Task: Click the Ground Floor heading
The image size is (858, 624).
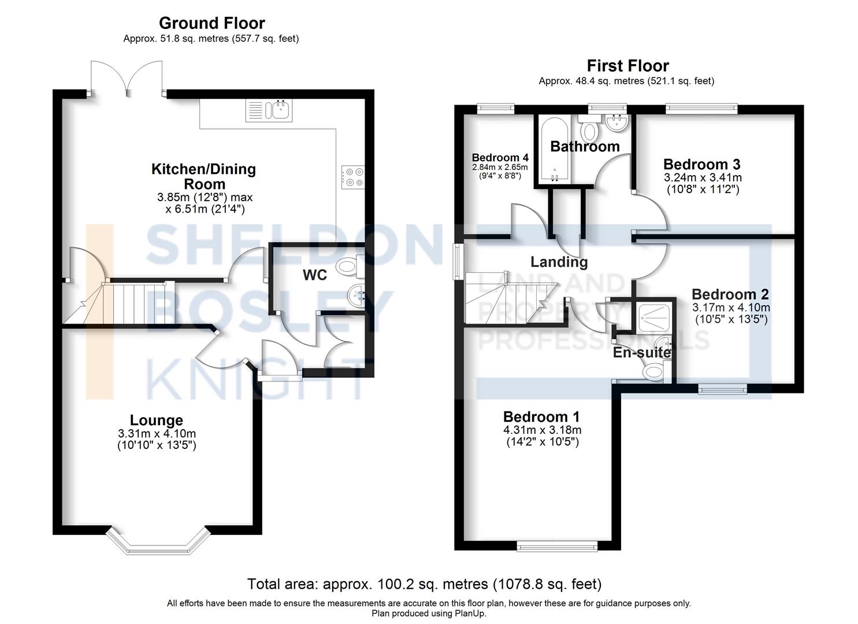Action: pyautogui.click(x=211, y=23)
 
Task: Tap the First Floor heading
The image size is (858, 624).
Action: pyautogui.click(x=627, y=66)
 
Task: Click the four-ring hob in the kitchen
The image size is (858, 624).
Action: pyautogui.click(x=353, y=177)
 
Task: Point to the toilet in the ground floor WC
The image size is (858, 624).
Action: pyautogui.click(x=350, y=266)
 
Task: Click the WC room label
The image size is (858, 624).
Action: pyautogui.click(x=315, y=275)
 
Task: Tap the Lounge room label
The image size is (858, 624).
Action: pyautogui.click(x=156, y=420)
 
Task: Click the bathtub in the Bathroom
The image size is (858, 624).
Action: pyautogui.click(x=554, y=150)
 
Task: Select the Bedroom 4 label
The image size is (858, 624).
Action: pyautogui.click(x=500, y=158)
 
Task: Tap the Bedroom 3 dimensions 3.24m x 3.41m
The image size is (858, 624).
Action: pyautogui.click(x=702, y=177)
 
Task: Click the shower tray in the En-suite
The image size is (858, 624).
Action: pyautogui.click(x=655, y=316)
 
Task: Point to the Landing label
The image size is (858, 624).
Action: pyautogui.click(x=559, y=262)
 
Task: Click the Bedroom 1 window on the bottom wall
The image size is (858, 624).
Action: pyautogui.click(x=557, y=545)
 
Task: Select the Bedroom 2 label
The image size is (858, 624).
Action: pyautogui.click(x=730, y=295)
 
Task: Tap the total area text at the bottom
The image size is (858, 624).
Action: pyautogui.click(x=424, y=584)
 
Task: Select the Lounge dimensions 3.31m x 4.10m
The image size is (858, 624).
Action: pyautogui.click(x=157, y=433)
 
